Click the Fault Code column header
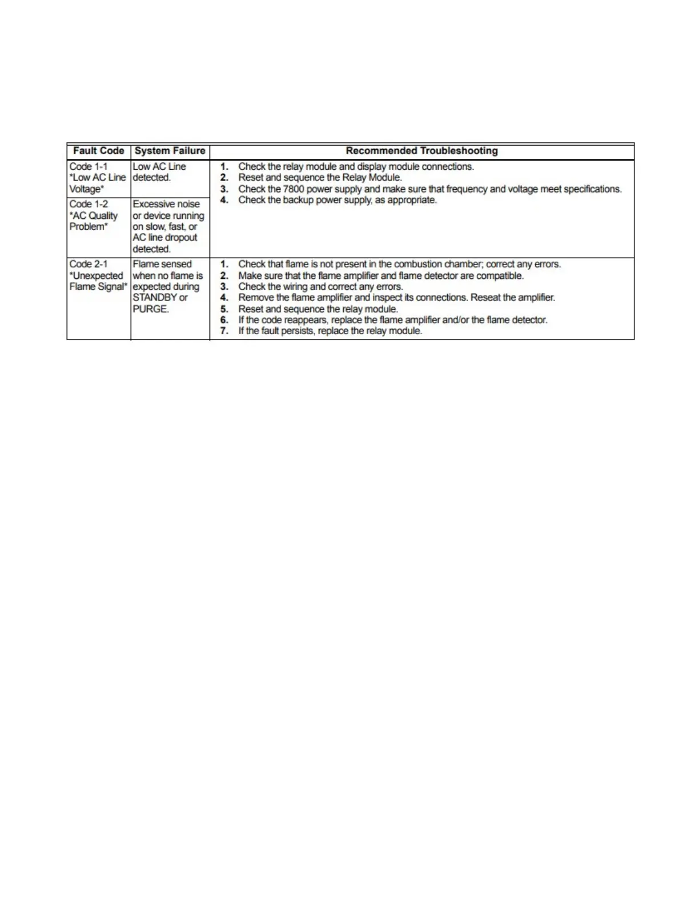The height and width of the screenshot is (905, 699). pyautogui.click(x=98, y=151)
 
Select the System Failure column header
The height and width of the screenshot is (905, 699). pyautogui.click(x=170, y=151)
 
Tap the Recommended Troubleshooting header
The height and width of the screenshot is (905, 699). pyautogui.click(x=421, y=151)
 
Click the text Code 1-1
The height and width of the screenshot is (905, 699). pyautogui.click(x=88, y=166)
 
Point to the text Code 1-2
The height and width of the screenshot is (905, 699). pyautogui.click(x=88, y=204)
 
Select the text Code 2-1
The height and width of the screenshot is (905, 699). pyautogui.click(x=88, y=264)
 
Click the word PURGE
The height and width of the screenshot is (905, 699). pyautogui.click(x=150, y=309)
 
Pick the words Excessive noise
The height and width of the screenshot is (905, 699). pyautogui.click(x=166, y=204)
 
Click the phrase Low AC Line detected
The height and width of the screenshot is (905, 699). pyautogui.click(x=159, y=172)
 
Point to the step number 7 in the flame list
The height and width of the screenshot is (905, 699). pyautogui.click(x=224, y=331)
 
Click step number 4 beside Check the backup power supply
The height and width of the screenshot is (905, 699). pyautogui.click(x=224, y=200)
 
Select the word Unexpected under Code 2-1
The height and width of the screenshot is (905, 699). pyautogui.click(x=98, y=275)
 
